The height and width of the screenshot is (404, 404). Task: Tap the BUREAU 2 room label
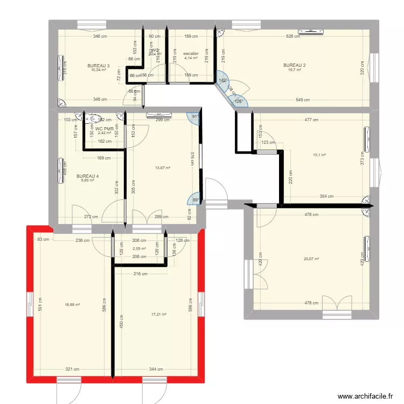(294, 66)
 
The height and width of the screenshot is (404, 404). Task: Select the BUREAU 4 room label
(87, 176)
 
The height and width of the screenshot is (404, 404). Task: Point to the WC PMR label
(105, 129)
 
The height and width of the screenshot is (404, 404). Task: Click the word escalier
(191, 54)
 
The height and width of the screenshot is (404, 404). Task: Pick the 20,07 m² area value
(311, 259)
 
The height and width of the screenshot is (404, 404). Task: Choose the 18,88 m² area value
(72, 305)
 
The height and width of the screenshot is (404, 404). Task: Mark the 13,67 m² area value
(163, 168)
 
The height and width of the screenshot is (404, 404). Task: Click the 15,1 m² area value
(319, 155)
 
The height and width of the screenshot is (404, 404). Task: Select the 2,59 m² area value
(140, 249)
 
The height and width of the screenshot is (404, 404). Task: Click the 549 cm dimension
(303, 100)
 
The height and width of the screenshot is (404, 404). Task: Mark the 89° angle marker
(196, 200)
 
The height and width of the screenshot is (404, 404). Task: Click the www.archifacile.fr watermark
(364, 396)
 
